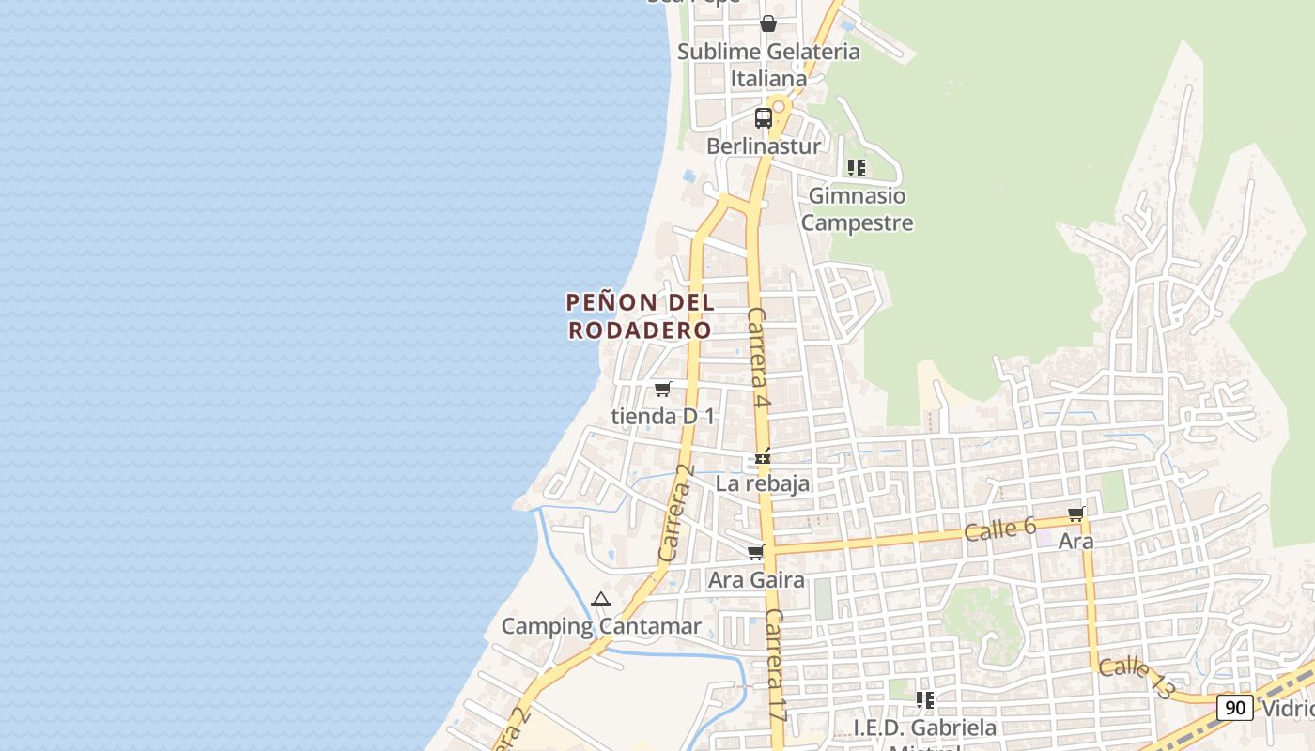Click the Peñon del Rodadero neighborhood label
[640, 316]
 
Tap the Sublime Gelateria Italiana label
[768, 65]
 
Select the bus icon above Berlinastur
[764, 118]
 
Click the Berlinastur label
[764, 146]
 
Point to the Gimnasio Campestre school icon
[856, 168]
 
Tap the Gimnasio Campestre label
[857, 209]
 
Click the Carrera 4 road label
[759, 357]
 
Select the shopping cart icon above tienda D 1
[662, 389]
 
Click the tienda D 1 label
[662, 416]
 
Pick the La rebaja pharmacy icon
[763, 458]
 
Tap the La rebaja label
[763, 484]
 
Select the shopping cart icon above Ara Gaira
[756, 553]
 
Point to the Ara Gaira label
[756, 580]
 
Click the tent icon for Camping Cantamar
[601, 599]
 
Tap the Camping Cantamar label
[601, 626]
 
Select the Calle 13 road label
[1137, 677]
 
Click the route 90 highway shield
[1235, 707]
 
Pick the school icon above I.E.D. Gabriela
[925, 699]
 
